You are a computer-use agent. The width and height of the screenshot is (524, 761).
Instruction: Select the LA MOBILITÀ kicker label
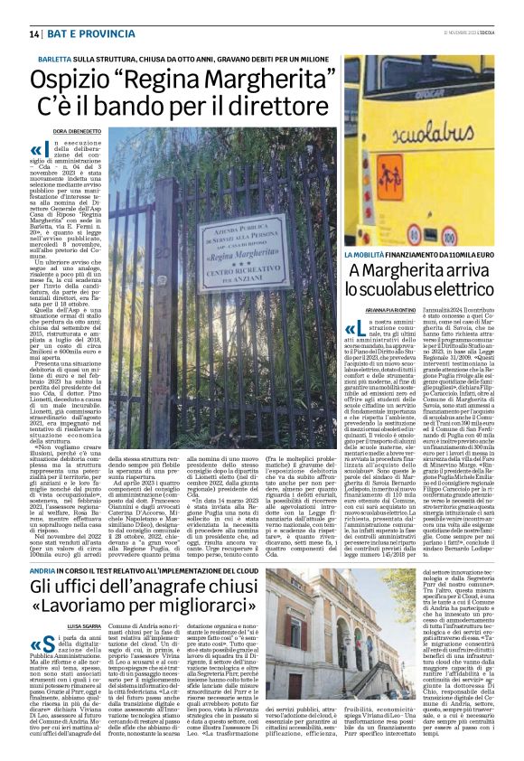tap(367, 258)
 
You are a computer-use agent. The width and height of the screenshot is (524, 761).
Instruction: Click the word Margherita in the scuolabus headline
tap(411, 272)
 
